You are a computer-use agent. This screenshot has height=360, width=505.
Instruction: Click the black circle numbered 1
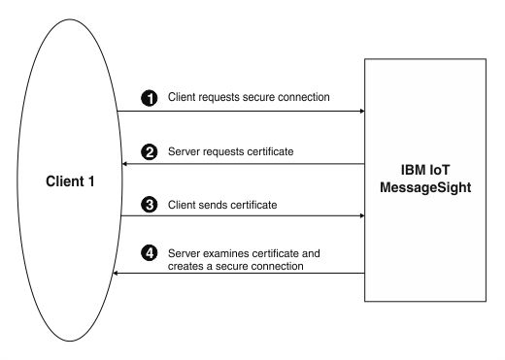pos(150,98)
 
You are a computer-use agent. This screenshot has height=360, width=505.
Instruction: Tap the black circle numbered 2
pos(150,152)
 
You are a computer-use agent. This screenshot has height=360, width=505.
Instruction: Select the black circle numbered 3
pos(150,205)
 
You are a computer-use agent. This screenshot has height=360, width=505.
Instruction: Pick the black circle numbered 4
pos(150,253)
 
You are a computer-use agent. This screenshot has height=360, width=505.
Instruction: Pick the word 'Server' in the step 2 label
pos(185,152)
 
